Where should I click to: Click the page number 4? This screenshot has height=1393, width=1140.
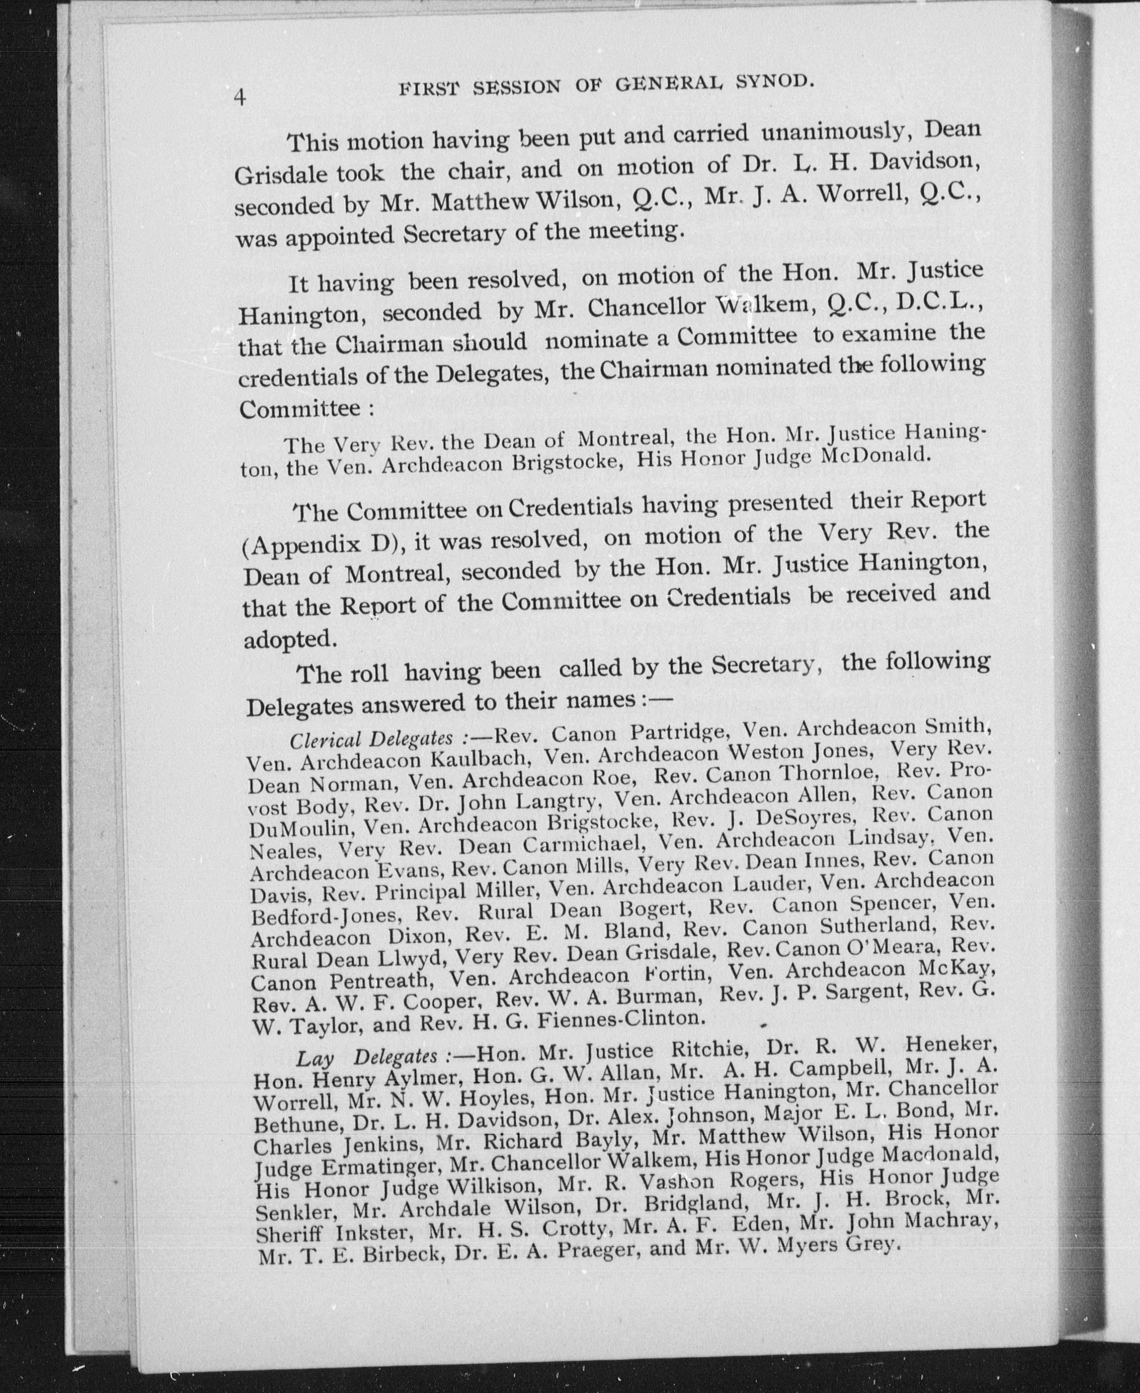(x=240, y=97)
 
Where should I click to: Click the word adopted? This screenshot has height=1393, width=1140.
(x=290, y=639)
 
